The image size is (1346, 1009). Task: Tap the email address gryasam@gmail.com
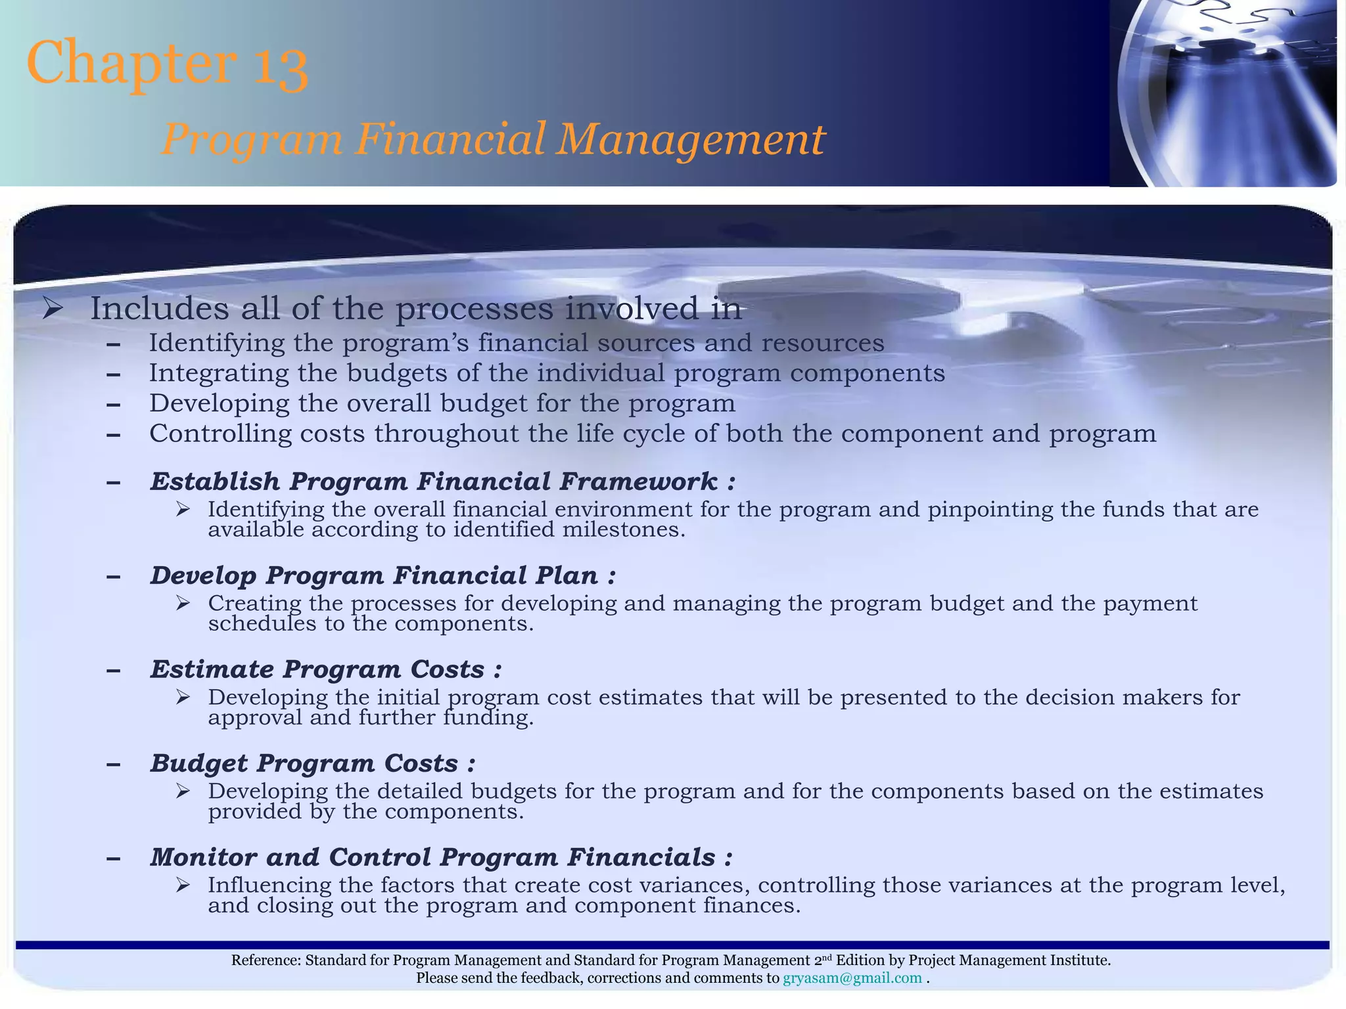click(x=852, y=978)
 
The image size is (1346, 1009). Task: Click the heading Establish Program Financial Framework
click(x=442, y=482)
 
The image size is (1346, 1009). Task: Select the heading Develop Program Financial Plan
click(x=383, y=575)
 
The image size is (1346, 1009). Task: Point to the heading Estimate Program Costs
click(x=325, y=669)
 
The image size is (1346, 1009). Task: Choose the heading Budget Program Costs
click(x=312, y=763)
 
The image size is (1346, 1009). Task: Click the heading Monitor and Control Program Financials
click(x=440, y=857)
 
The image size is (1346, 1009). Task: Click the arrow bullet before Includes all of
click(x=52, y=308)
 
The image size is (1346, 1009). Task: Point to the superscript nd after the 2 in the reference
click(x=826, y=958)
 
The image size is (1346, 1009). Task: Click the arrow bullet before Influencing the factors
click(x=183, y=886)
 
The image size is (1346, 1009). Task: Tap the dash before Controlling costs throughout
click(x=113, y=434)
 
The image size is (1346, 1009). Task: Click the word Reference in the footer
click(x=266, y=960)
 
